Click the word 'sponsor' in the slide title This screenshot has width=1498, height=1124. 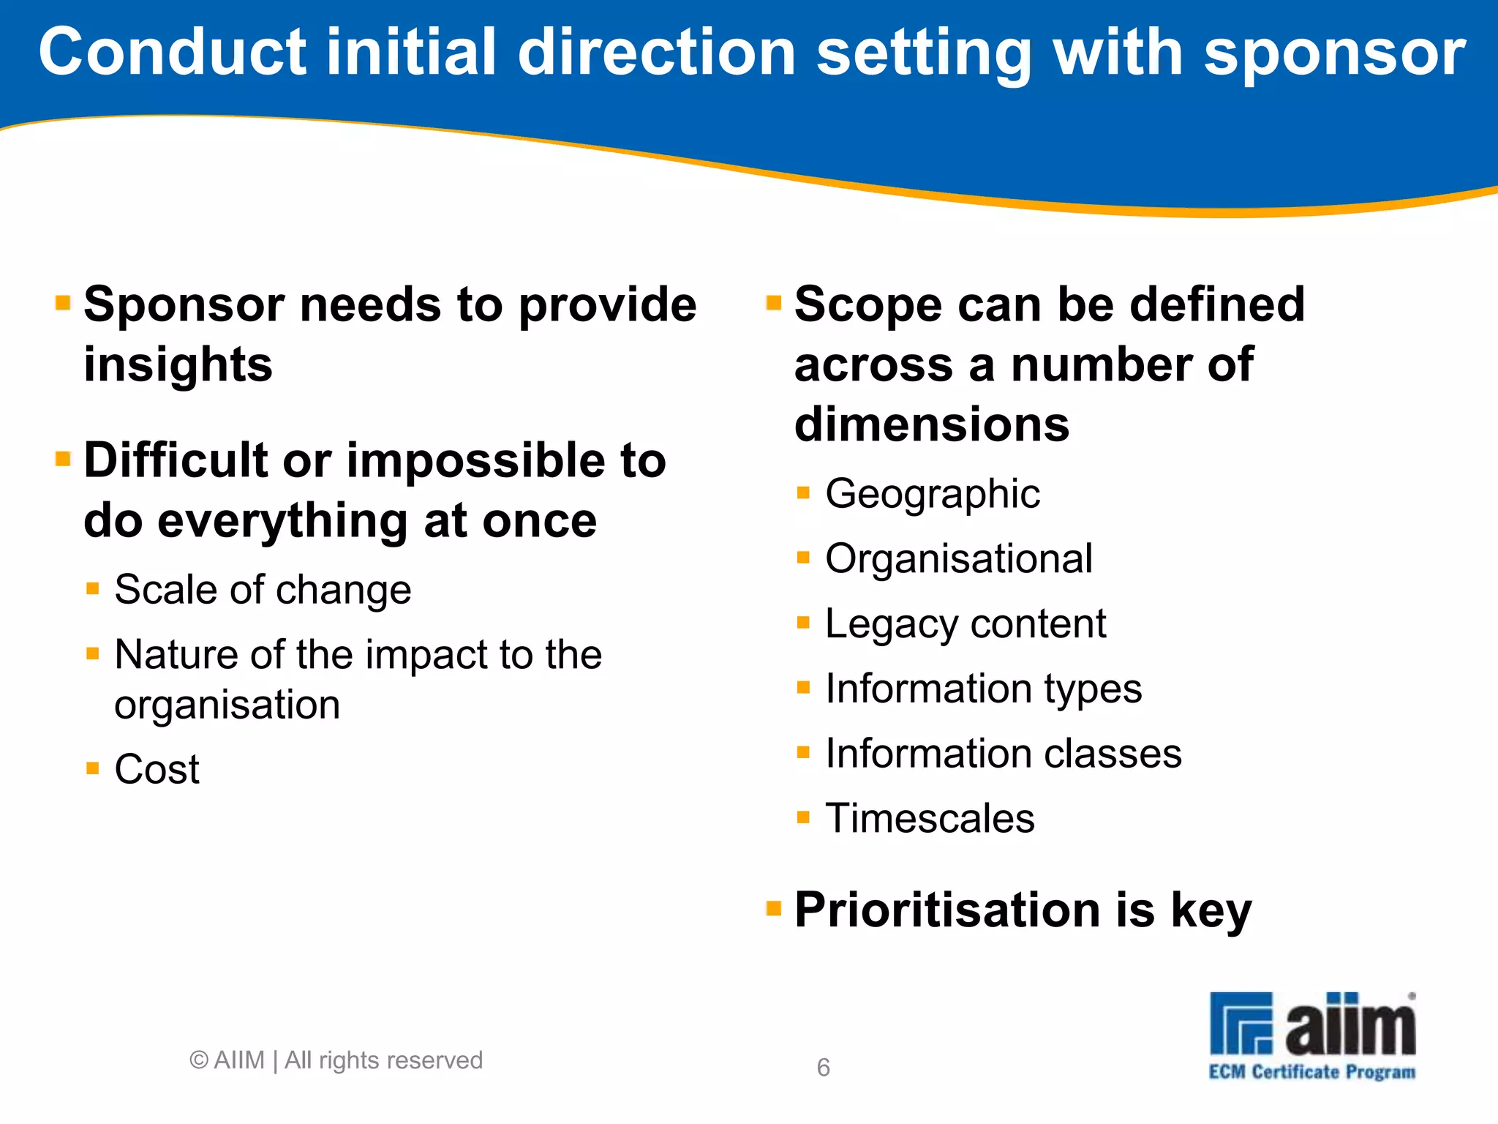pyautogui.click(x=1334, y=53)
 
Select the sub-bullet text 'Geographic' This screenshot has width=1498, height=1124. pyautogui.click(x=932, y=493)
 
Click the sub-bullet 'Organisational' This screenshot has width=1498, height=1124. pyautogui.click(x=958, y=558)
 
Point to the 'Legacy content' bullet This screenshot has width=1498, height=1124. pyautogui.click(x=965, y=623)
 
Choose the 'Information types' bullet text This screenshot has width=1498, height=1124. pyautogui.click(x=983, y=689)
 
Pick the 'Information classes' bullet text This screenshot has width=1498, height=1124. pyautogui.click(x=1003, y=753)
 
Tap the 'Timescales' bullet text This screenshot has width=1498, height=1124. pyautogui.click(x=930, y=818)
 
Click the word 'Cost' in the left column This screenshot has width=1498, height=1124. pyautogui.click(x=157, y=769)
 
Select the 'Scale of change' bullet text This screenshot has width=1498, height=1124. pyautogui.click(x=263, y=590)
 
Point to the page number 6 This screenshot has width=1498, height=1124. pyautogui.click(x=823, y=1068)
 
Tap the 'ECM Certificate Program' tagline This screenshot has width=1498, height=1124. pyautogui.click(x=1311, y=1072)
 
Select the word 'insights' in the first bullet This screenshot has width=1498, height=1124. pyautogui.click(x=178, y=364)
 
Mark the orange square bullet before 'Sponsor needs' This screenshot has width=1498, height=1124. pyautogui.click(x=63, y=302)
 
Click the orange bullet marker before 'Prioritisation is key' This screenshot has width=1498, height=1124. pyautogui.click(x=773, y=908)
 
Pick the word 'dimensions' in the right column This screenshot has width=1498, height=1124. pyautogui.click(x=931, y=424)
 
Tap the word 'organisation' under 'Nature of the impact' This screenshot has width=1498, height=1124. pyautogui.click(x=227, y=705)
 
